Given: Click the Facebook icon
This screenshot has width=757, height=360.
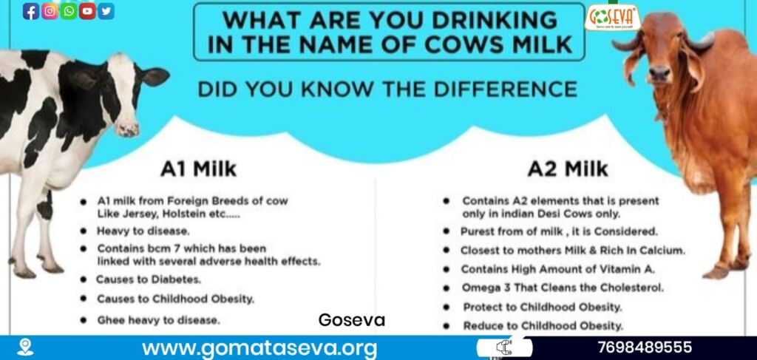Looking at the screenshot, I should pyautogui.click(x=31, y=11).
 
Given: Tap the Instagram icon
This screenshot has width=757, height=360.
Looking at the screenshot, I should pyautogui.click(x=50, y=11).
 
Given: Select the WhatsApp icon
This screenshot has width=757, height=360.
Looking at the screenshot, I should pyautogui.click(x=69, y=11).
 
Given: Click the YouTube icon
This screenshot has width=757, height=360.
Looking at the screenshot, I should pyautogui.click(x=87, y=11).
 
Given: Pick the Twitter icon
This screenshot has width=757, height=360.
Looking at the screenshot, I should pyautogui.click(x=106, y=11).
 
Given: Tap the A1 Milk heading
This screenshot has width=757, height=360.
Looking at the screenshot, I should pyautogui.click(x=198, y=169).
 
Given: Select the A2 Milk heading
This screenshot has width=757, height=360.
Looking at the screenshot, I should pyautogui.click(x=568, y=169).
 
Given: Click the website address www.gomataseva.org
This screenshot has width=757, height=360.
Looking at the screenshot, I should pyautogui.click(x=259, y=347).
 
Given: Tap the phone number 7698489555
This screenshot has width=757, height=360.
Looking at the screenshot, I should pyautogui.click(x=645, y=347).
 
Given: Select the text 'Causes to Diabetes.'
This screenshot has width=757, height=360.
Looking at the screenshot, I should pyautogui.click(x=149, y=279).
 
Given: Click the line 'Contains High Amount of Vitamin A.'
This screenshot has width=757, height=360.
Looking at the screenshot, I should pyautogui.click(x=559, y=269).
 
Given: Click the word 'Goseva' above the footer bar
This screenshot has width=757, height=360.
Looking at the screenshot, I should pyautogui.click(x=351, y=321).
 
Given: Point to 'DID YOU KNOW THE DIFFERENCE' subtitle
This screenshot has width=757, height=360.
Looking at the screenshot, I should pyautogui.click(x=387, y=89).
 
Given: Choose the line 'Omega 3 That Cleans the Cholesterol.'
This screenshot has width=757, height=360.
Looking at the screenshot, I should pyautogui.click(x=563, y=288).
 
